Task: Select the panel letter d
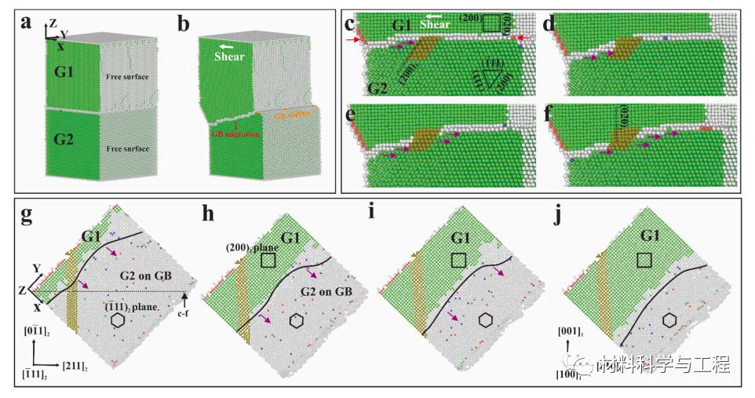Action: (x=549, y=24)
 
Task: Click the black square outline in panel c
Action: (x=492, y=24)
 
